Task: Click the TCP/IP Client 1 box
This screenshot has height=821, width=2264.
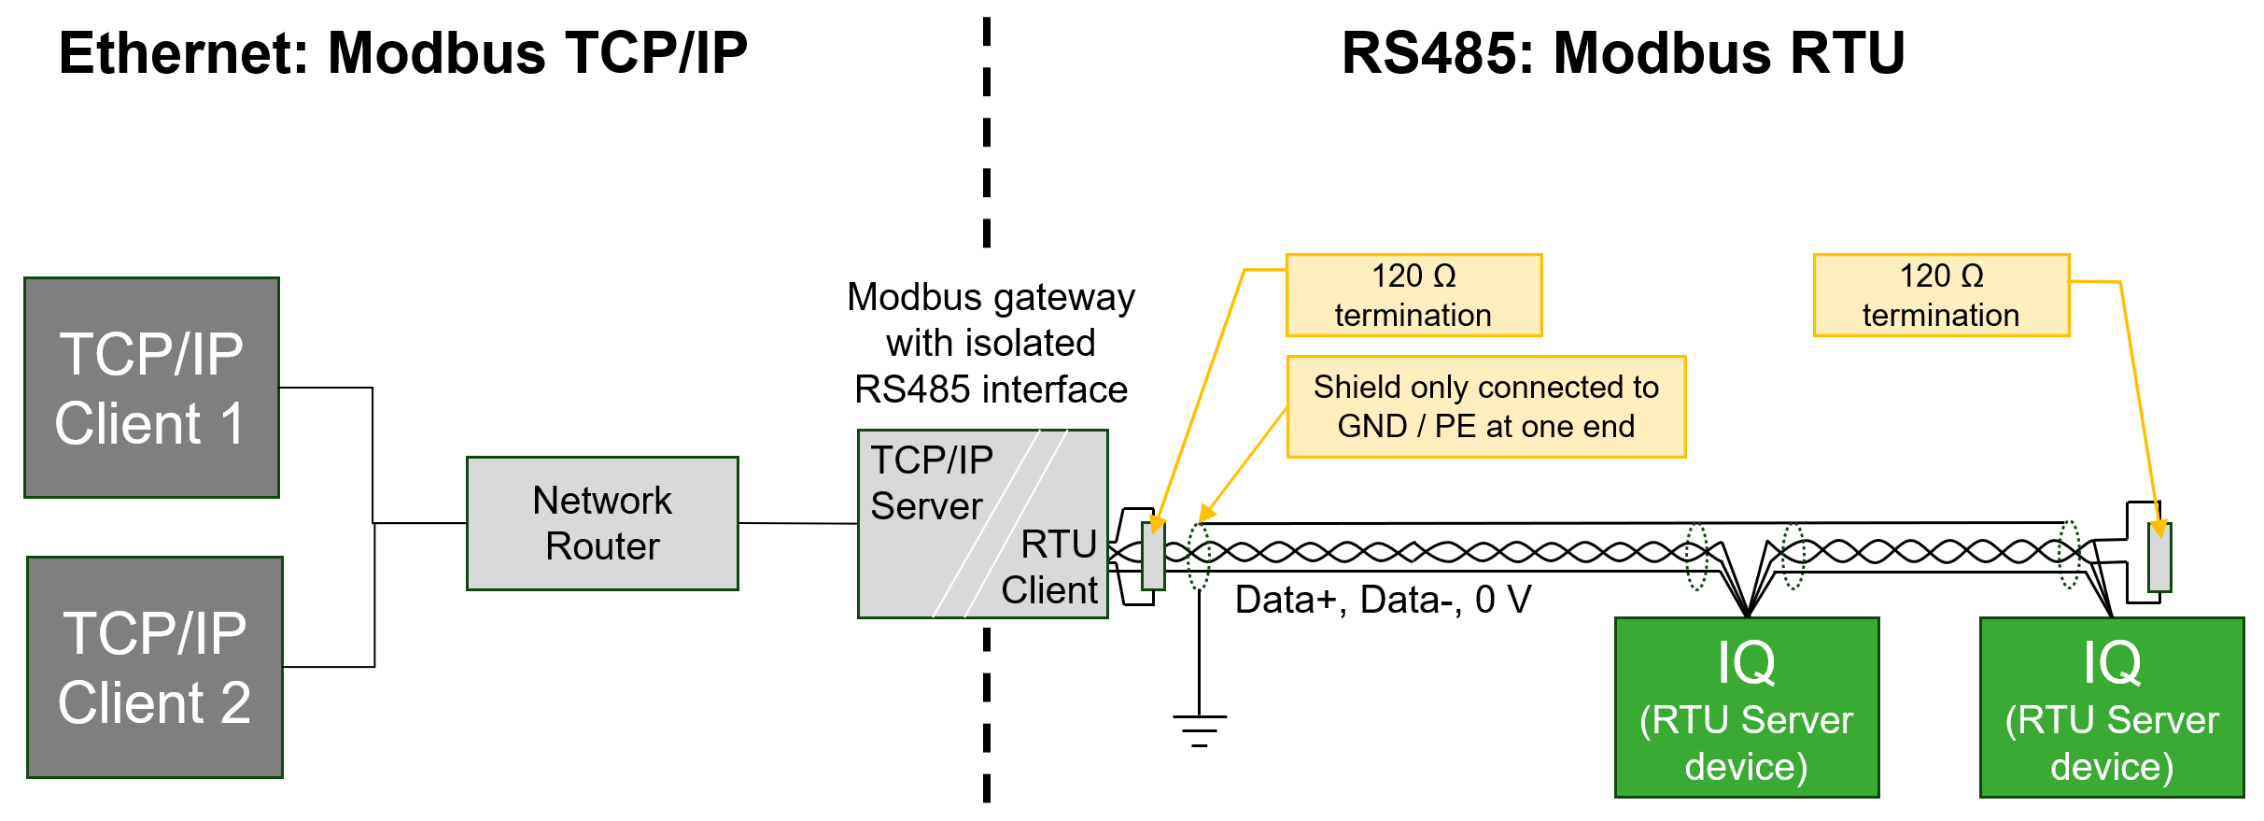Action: [x=151, y=388]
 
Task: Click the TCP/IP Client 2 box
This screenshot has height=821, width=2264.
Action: [x=155, y=667]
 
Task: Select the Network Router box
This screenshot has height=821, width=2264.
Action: [x=602, y=523]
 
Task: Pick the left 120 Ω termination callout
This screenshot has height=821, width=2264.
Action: [x=1413, y=295]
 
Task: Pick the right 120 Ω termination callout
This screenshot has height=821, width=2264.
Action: [x=1941, y=295]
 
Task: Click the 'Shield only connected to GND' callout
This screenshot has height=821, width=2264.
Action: [x=1485, y=406]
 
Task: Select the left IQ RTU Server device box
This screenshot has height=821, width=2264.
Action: [x=1746, y=707]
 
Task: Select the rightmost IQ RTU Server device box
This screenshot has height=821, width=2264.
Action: [x=2111, y=707]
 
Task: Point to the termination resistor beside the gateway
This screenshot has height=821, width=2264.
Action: [x=1154, y=556]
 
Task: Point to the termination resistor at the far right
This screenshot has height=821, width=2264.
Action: [x=2159, y=558]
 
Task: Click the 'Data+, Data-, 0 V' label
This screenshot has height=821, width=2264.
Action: [x=1383, y=600]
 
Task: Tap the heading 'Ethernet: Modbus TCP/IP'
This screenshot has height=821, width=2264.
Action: [x=403, y=53]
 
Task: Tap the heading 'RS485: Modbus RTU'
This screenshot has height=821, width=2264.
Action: [x=1623, y=53]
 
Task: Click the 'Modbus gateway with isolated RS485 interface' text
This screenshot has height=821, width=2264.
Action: [x=991, y=343]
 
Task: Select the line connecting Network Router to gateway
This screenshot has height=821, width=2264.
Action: [x=798, y=523]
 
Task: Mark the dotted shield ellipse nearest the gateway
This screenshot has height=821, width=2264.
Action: [x=1199, y=556]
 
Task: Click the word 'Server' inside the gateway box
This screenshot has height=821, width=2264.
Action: [x=926, y=506]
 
